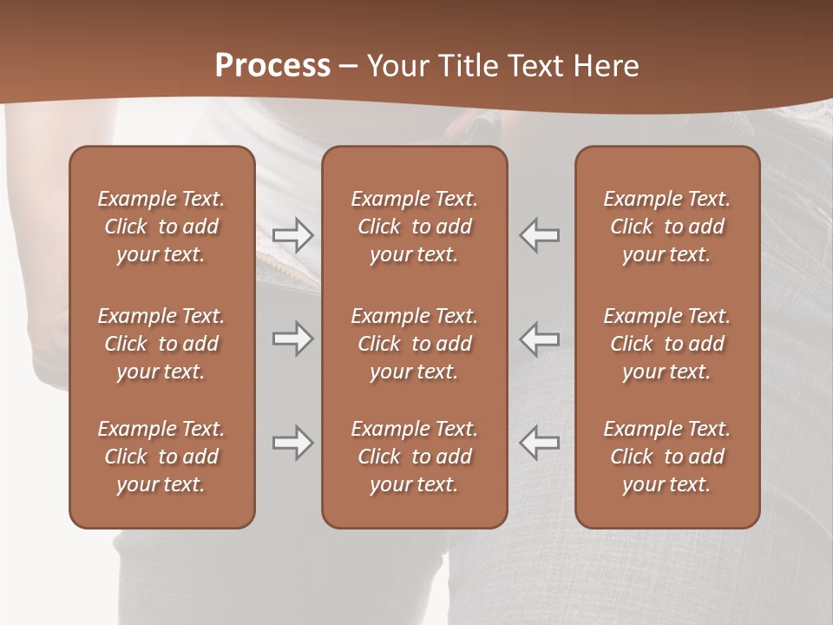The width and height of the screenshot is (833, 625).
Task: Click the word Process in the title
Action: [x=272, y=66]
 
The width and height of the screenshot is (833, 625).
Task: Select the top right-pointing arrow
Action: [x=292, y=234]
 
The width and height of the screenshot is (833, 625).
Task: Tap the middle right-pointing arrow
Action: [x=292, y=339]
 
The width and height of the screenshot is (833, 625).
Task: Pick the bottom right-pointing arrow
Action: [x=292, y=443]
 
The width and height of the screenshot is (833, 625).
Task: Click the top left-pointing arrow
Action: [x=539, y=234]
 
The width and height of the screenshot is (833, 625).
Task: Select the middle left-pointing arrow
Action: [x=539, y=339]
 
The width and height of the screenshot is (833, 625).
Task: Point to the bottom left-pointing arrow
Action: [x=539, y=443]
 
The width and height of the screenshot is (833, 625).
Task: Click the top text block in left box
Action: [x=161, y=227]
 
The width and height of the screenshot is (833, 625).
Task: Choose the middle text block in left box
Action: [x=161, y=344]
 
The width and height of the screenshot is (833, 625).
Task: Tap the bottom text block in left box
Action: [x=161, y=457]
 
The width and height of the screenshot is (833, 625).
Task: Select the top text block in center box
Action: [x=415, y=227]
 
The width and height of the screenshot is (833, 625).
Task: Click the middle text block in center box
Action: [x=415, y=344]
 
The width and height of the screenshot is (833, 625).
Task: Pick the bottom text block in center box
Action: [x=415, y=457]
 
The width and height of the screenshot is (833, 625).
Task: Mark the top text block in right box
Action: [x=667, y=227]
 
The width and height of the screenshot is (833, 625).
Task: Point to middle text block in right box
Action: [x=667, y=344]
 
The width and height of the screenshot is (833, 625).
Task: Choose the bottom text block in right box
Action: [x=667, y=457]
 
